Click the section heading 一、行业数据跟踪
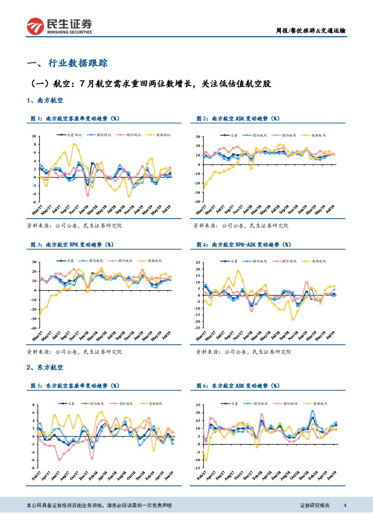point(67,63)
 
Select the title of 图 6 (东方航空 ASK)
point(238,386)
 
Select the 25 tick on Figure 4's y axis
point(197,262)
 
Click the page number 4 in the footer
point(345,505)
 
